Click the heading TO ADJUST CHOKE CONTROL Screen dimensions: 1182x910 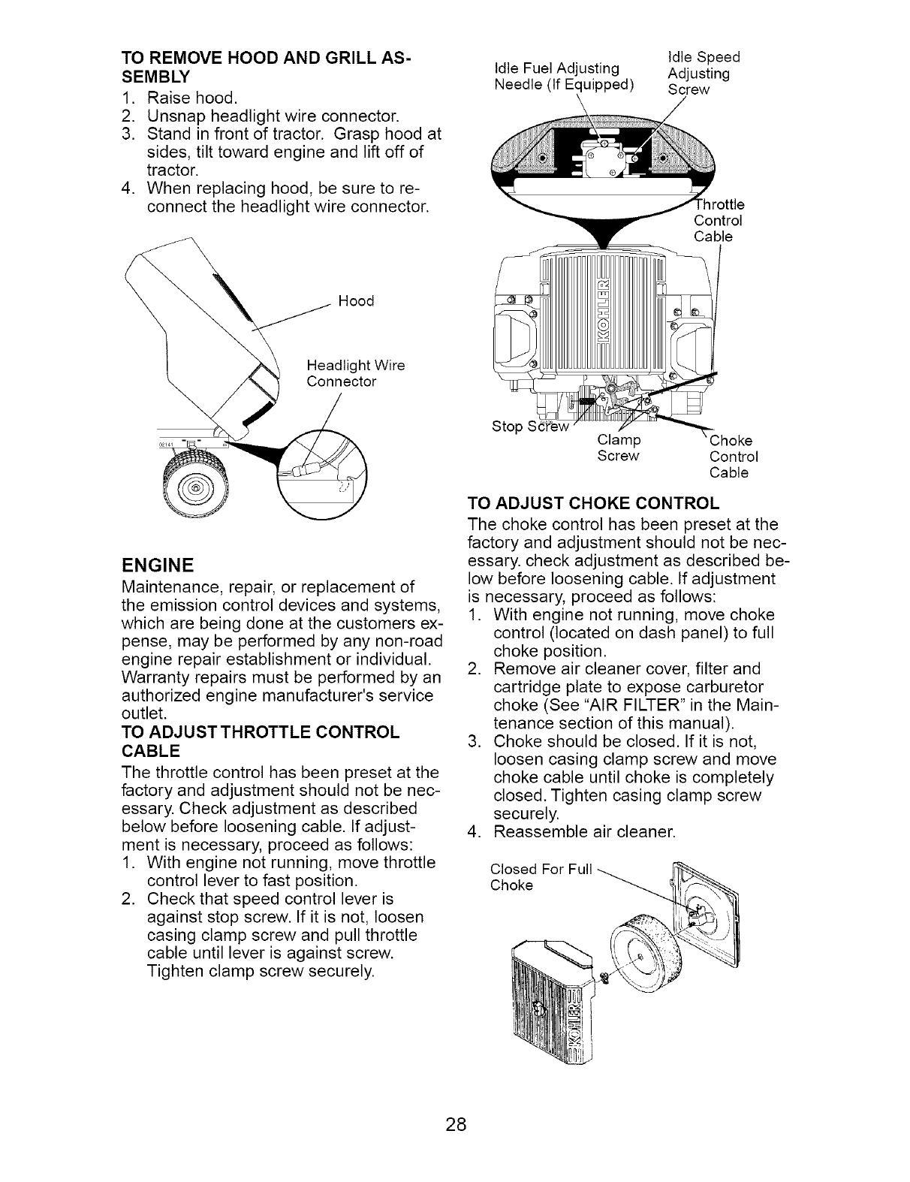pos(593,502)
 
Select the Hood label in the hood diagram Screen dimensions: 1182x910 pos(356,301)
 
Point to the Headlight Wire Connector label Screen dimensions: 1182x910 pos(356,373)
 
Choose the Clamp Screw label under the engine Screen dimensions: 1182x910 pos(618,448)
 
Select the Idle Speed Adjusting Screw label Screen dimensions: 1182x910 pos(703,73)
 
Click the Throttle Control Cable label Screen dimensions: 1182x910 pos(719,221)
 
